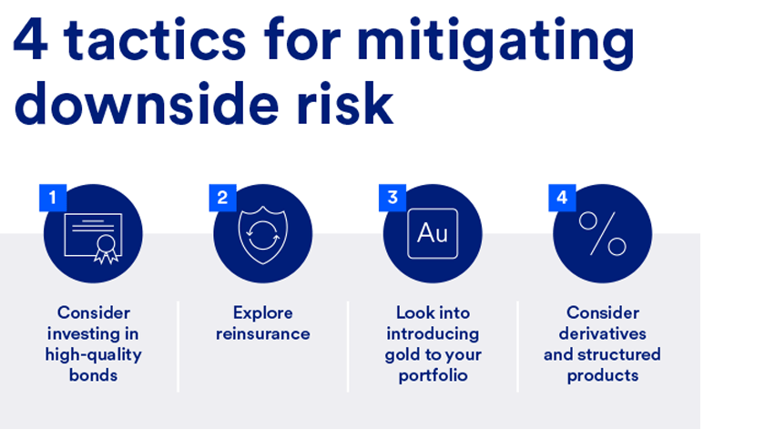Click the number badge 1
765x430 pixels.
pyautogui.click(x=53, y=198)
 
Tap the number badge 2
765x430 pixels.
pyautogui.click(x=222, y=198)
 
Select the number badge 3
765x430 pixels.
pyautogui.click(x=393, y=198)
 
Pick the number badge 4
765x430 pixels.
pyautogui.click(x=562, y=198)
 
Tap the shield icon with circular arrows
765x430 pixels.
pyautogui.click(x=263, y=235)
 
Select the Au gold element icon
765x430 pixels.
pyautogui.click(x=433, y=233)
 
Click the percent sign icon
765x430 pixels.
pyautogui.click(x=603, y=234)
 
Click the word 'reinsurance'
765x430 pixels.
pyautogui.click(x=263, y=333)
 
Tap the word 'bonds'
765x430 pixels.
pyautogui.click(x=93, y=375)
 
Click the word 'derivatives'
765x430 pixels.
pyautogui.click(x=603, y=333)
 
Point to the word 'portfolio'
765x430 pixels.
pyautogui.click(x=433, y=376)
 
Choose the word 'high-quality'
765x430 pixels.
pyautogui.click(x=93, y=354)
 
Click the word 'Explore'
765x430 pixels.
pyautogui.click(x=263, y=312)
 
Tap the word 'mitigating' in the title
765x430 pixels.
pyautogui.click(x=495, y=43)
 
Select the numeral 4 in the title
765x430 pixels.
pyautogui.click(x=31, y=39)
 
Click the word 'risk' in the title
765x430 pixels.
pyautogui.click(x=345, y=104)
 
